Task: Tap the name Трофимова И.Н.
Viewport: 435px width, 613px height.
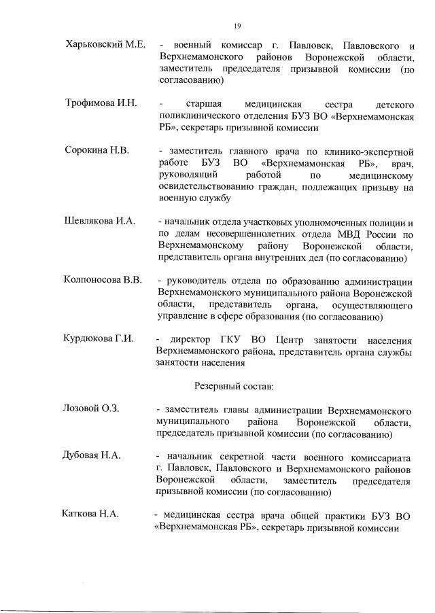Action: (101, 103)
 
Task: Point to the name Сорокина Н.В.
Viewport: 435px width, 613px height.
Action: (97, 150)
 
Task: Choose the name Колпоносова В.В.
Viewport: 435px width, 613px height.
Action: (103, 281)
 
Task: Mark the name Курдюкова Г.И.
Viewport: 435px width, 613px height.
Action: (98, 338)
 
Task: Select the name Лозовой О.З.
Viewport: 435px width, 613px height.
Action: (91, 409)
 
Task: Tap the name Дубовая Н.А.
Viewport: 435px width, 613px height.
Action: (92, 455)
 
